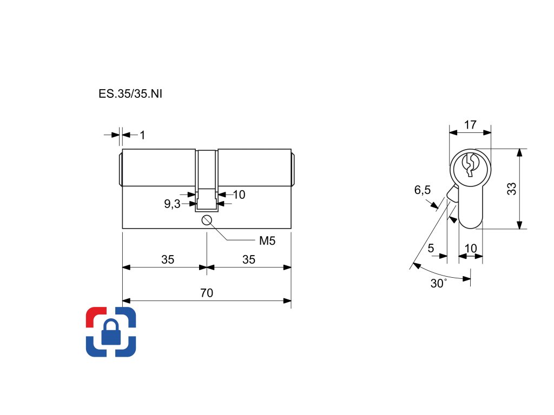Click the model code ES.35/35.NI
130,93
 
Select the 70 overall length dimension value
207,293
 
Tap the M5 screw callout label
267,241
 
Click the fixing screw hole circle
206,220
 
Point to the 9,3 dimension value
173,204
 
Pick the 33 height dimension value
512,189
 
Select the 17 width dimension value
470,125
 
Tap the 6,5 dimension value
423,190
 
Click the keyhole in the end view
469,164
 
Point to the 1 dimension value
142,135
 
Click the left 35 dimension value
168,260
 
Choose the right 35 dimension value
248,260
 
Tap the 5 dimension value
431,249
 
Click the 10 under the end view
471,249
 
